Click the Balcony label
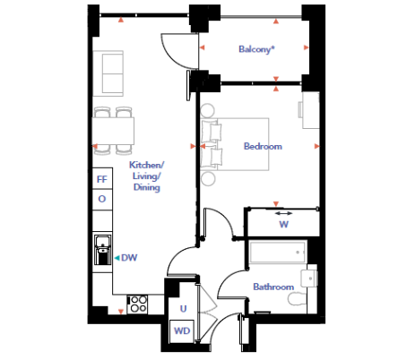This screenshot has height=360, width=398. coord(256,49)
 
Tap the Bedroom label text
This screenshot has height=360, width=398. coord(263,146)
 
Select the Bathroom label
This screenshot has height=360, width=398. coord(273,287)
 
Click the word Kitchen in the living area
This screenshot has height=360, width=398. coord(147,165)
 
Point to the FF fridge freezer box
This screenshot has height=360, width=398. coord(102,178)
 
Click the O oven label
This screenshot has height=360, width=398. coord(102,199)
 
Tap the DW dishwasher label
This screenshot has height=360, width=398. coord(129,258)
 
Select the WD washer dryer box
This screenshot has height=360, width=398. coord(182,331)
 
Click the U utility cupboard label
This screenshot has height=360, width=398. coord(183,308)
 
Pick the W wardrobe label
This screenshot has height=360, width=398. coord(284,224)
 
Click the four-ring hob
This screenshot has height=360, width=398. coord(137,304)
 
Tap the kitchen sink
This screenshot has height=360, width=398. coord(103,249)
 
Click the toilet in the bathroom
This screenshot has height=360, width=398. coord(298,299)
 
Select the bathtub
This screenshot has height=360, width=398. coord(278,253)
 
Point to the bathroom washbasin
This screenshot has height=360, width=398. coord(309,279)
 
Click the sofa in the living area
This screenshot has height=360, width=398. coord(108,73)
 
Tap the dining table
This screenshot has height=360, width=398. coord(113,132)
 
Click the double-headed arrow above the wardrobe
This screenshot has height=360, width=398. coord(283,213)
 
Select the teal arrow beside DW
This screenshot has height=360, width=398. coord(117,258)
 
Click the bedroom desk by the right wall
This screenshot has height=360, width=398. coord(311,110)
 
